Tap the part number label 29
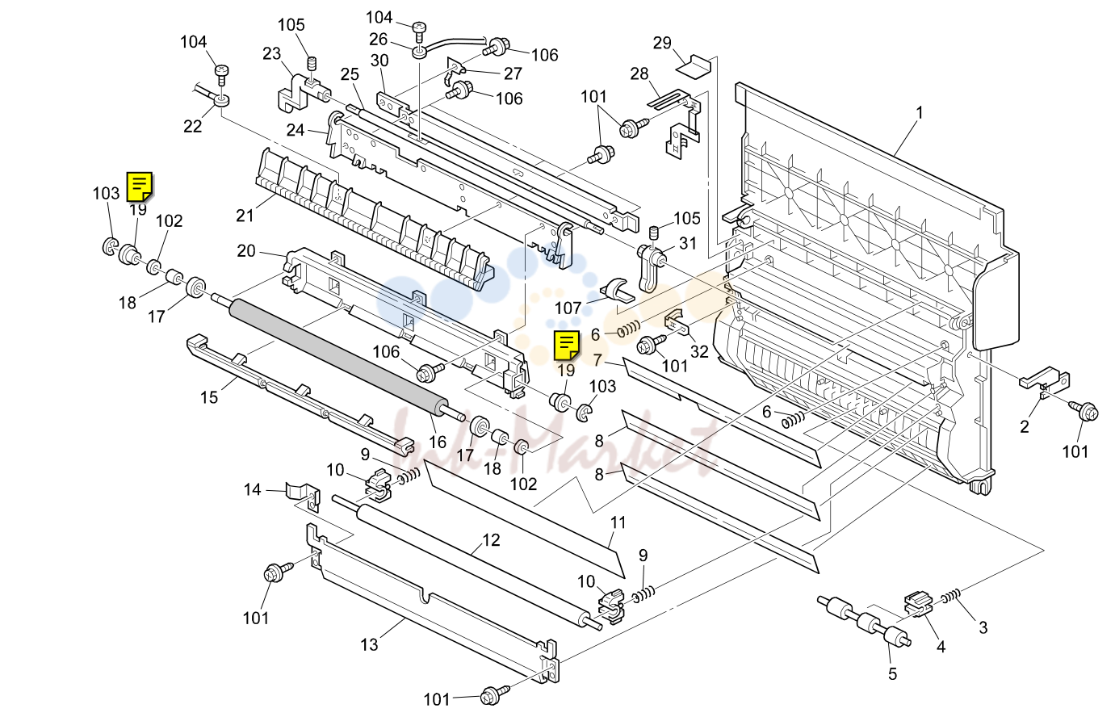pos(662,43)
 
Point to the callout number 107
pos(568,308)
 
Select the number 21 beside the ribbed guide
pos(245,216)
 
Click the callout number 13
pos(369,645)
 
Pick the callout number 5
pos(892,674)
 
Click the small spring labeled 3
pos(950,596)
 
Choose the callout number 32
pos(699,351)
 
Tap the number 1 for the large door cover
pos(920,113)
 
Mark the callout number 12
pos(492,540)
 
